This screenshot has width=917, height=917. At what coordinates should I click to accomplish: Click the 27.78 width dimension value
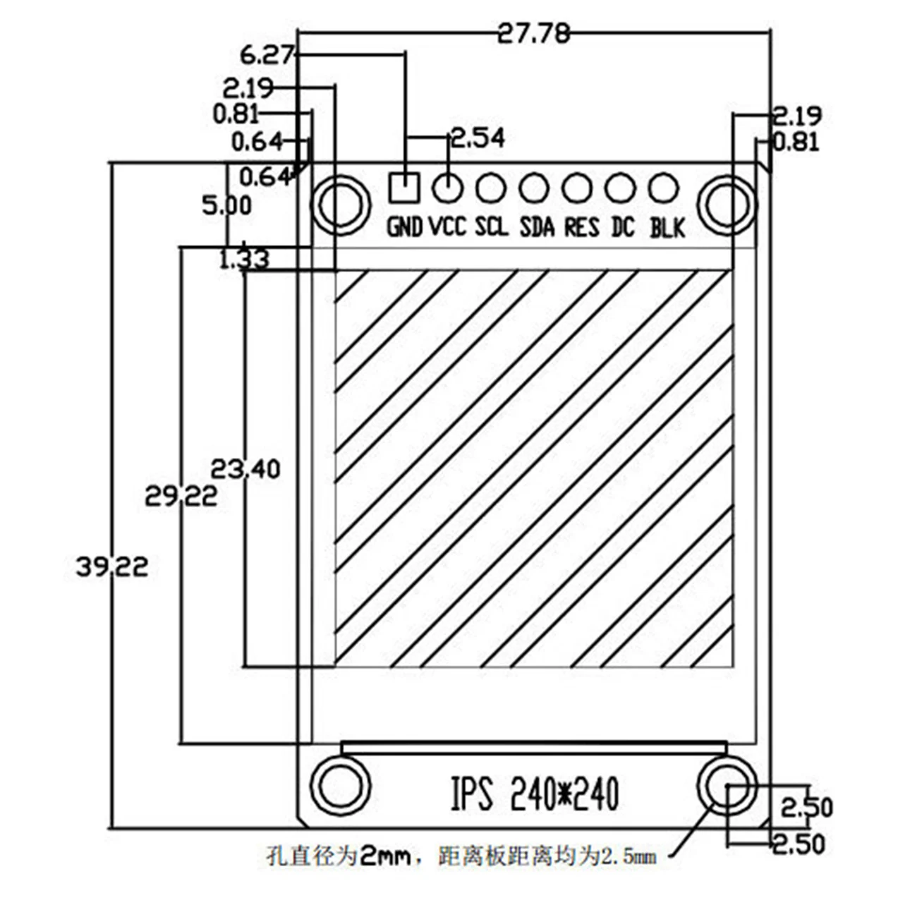pos(533,33)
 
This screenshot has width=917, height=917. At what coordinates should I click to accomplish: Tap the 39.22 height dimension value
pos(112,566)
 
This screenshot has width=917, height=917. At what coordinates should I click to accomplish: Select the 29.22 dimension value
pos(181,497)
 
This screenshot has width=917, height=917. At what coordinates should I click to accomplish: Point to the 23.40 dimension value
pos(245,468)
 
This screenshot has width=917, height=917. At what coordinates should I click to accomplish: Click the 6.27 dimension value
pos(267,54)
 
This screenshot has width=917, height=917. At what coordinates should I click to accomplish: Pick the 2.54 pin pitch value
pos(478,138)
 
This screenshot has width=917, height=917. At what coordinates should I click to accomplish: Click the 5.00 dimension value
pos(226,206)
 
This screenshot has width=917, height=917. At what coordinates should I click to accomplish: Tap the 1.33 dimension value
pos(244,260)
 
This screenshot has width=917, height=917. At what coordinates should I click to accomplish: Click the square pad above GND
pos(404,188)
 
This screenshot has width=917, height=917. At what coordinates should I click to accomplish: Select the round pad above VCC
pos(447,188)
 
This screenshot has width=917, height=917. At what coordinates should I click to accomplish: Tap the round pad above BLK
pos(663,188)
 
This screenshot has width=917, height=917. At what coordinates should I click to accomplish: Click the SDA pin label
pos(537,227)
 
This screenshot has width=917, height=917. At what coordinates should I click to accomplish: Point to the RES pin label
pos(581,227)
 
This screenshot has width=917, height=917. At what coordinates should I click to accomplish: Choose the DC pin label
pos(623,227)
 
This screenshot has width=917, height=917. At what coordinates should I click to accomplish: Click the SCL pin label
pos(491,227)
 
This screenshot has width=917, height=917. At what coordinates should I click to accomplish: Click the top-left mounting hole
pos(341,204)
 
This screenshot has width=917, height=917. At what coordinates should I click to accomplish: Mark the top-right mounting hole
pos(727,204)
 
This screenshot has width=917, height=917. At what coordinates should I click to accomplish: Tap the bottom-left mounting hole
pos(341,786)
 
